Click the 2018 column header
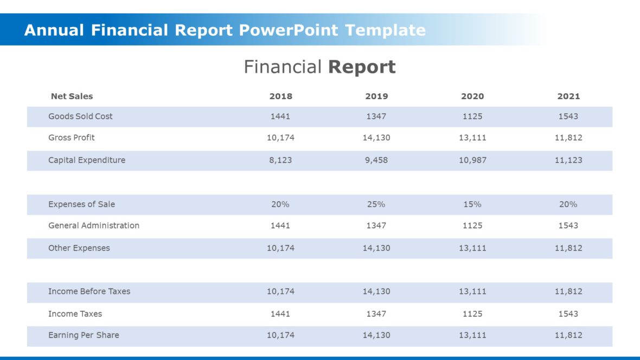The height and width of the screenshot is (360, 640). click(280, 97)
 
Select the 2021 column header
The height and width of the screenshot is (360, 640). click(568, 97)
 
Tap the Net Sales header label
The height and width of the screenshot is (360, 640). click(72, 97)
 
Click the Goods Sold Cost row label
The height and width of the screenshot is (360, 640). click(80, 117)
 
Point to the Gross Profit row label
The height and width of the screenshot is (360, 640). click(71, 138)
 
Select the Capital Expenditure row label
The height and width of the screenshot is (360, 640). click(87, 160)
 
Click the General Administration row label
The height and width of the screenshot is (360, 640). click(94, 226)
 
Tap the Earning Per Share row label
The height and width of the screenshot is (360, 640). click(84, 335)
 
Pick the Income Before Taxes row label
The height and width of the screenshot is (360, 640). click(89, 292)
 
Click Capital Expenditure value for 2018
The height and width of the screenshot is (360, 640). click(280, 160)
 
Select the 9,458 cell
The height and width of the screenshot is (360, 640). click(376, 160)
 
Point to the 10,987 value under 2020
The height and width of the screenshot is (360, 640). click(472, 160)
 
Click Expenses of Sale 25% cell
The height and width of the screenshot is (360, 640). click(376, 204)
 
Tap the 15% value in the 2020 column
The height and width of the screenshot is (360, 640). click(472, 204)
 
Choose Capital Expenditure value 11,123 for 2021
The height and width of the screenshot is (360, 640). click(568, 160)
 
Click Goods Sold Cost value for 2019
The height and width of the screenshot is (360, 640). click(376, 117)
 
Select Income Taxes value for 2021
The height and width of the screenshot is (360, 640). click(568, 314)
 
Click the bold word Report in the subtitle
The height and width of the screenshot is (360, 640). click(362, 67)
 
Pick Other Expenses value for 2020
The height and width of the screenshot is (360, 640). click(472, 248)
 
